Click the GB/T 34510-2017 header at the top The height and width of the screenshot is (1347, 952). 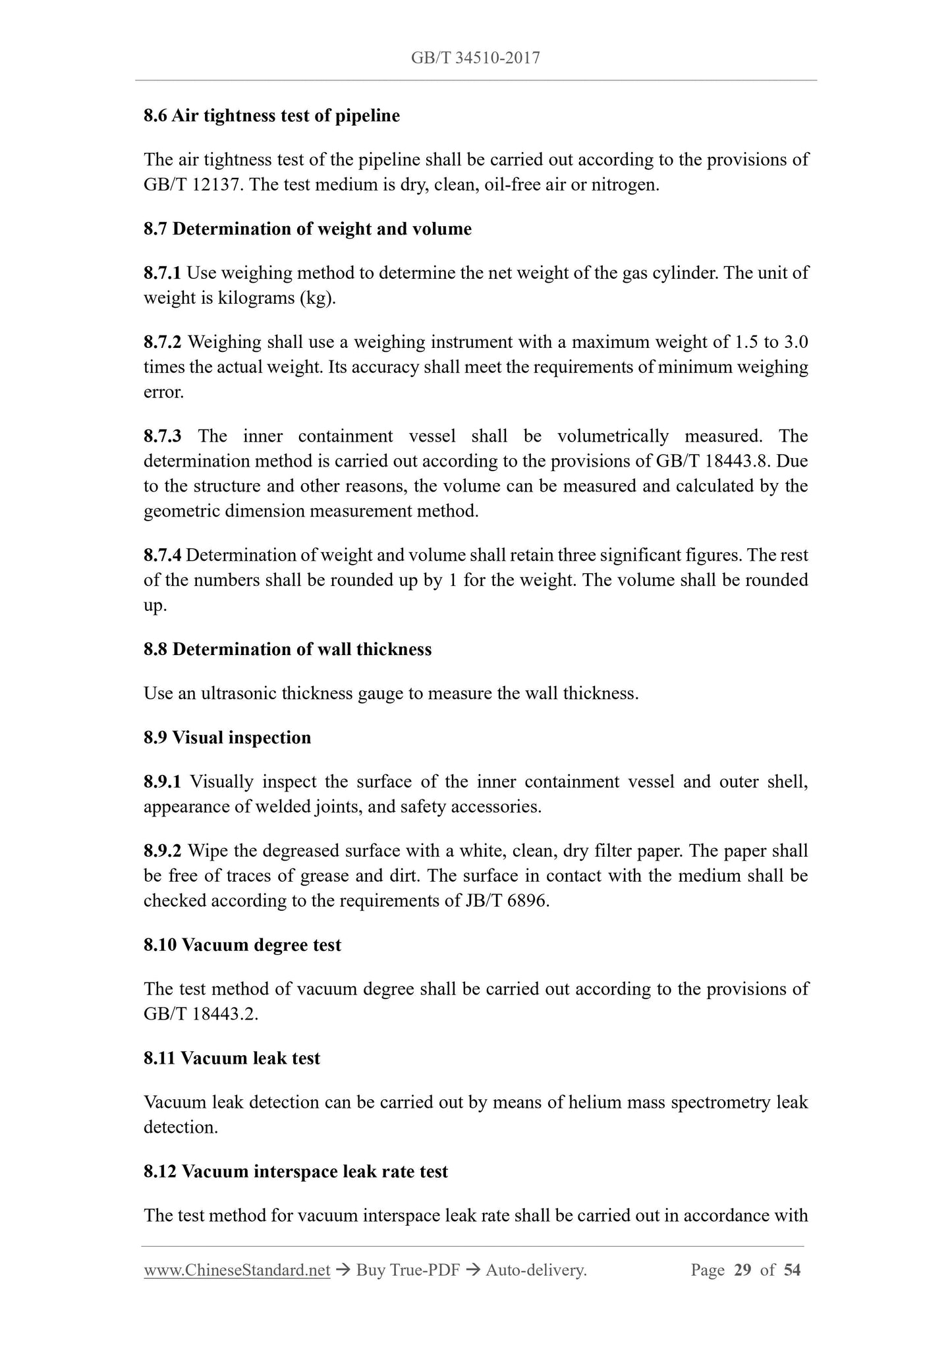click(x=475, y=58)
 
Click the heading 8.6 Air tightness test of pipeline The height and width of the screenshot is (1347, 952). click(x=271, y=116)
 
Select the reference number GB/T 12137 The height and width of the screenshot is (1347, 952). click(x=193, y=185)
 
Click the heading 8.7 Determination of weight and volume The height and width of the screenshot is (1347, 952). click(x=308, y=229)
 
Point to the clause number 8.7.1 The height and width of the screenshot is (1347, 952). click(x=163, y=273)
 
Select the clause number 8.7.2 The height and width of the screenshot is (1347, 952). click(x=163, y=343)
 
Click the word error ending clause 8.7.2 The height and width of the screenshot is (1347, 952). click(x=163, y=393)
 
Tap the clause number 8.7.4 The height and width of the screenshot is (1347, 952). click(x=162, y=556)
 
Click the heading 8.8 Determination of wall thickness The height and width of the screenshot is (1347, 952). click(x=287, y=650)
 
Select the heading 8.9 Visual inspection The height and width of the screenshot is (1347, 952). click(x=227, y=737)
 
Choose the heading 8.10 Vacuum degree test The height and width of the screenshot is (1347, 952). click(x=242, y=945)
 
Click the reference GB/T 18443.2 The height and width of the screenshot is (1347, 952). click(x=199, y=1014)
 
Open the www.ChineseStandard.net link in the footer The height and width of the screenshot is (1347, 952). click(x=237, y=1270)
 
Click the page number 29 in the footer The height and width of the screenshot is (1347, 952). click(x=742, y=1270)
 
